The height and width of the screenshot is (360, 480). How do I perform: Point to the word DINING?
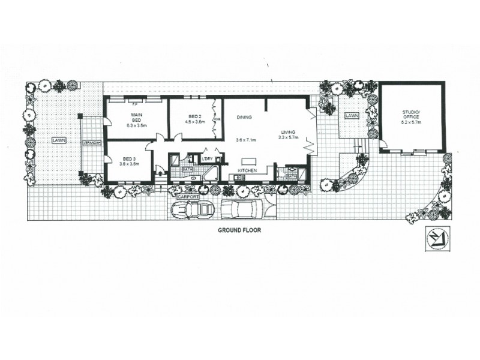pyautogui.click(x=244, y=117)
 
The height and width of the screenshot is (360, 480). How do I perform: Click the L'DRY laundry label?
pyautogui.click(x=208, y=158)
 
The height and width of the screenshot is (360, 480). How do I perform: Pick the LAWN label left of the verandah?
pyautogui.click(x=58, y=140)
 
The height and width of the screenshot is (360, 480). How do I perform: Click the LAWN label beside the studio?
pyautogui.click(x=352, y=115)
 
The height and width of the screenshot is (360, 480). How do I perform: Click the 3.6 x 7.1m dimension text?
pyautogui.click(x=246, y=140)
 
